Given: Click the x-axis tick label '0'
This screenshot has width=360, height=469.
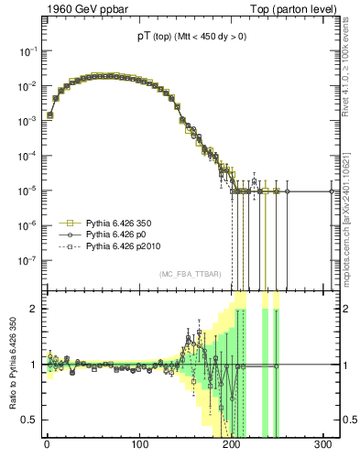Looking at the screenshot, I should coord(47,444).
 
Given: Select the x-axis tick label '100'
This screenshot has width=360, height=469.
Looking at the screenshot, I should coord(139,444).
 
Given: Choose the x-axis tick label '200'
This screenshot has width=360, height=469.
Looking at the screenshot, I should coord(232,444).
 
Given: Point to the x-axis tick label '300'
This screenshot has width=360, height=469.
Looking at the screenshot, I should coord(324,444).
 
